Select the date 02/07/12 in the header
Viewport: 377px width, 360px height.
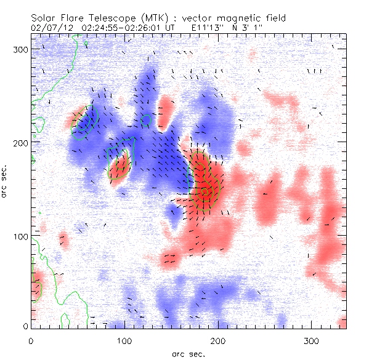point(51,28)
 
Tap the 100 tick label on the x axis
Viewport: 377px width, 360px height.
point(124,340)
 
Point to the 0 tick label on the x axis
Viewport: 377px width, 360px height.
point(31,340)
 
